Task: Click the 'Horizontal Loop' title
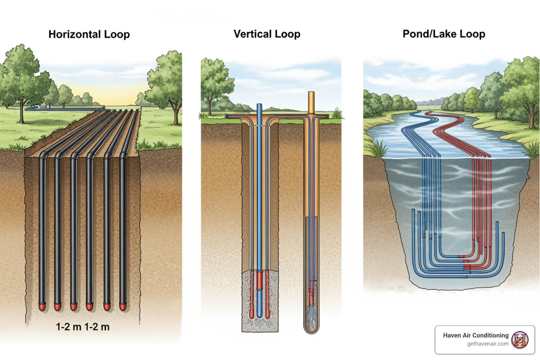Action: [89, 34]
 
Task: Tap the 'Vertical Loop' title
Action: [267, 34]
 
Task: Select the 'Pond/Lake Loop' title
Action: [444, 34]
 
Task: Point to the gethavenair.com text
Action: [488, 344]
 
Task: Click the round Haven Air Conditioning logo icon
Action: [520, 340]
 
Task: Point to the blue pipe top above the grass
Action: [259, 109]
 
